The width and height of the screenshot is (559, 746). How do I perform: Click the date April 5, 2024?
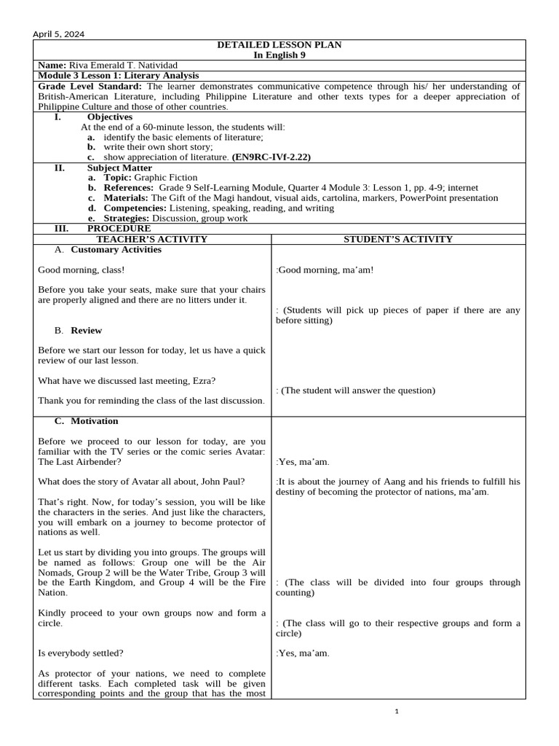coord(58,34)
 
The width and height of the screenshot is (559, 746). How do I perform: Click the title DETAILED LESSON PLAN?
coord(279,45)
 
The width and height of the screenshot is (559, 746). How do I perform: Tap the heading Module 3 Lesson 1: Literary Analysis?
coord(119,76)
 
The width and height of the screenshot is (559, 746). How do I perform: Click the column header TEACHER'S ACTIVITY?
coord(152,239)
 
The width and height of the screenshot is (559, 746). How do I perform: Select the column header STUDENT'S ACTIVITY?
coord(398,239)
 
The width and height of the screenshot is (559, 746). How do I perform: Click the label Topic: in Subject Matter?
coord(119,177)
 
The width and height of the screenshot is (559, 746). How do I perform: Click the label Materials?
coord(127,197)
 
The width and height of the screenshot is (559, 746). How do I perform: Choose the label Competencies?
coord(135,208)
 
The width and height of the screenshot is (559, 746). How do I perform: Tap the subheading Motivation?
coord(95,421)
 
